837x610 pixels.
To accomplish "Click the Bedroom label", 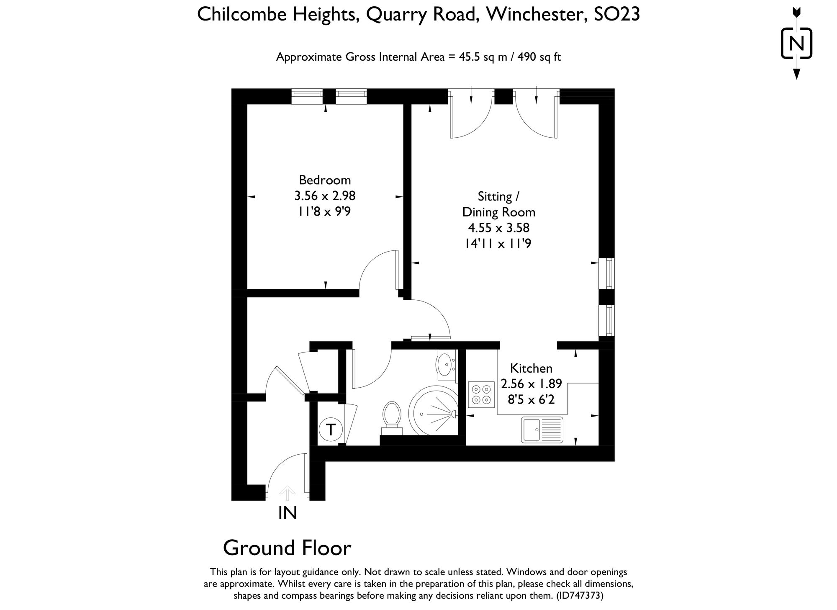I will click(325, 180).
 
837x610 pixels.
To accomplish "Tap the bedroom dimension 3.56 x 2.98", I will click(325, 196).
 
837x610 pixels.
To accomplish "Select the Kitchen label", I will click(531, 368).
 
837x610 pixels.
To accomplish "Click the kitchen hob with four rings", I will click(481, 394).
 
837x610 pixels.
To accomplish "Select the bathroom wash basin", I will click(445, 365).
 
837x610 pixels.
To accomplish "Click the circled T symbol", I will click(331, 429).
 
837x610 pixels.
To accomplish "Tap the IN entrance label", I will click(288, 513).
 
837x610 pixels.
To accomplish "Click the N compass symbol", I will click(797, 44).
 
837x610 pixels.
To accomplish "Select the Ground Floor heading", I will click(287, 548).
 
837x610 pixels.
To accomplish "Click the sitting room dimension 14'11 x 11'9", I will click(498, 244).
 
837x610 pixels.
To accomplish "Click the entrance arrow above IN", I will click(287, 493).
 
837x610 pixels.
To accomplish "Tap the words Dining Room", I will click(498, 212).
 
